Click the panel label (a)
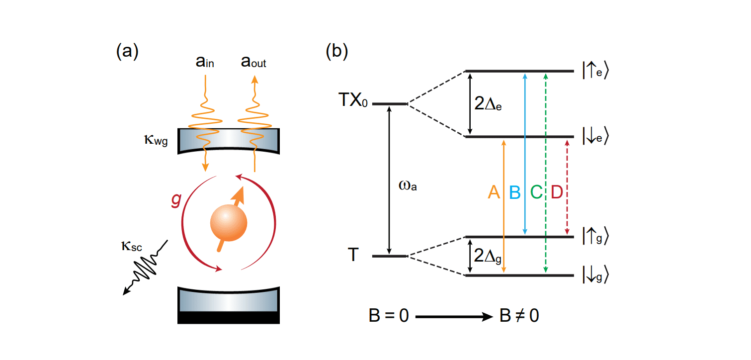pyautogui.click(x=127, y=51)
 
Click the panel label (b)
pyautogui.click(x=337, y=51)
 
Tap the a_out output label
pyautogui.click(x=253, y=63)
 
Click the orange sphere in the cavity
pyautogui.click(x=228, y=222)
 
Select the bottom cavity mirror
pyautogui.click(x=228, y=305)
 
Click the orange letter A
pyautogui.click(x=494, y=192)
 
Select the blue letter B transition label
pyautogui.click(x=515, y=192)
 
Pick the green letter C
pyautogui.click(x=536, y=192)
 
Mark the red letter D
pyautogui.click(x=557, y=192)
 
